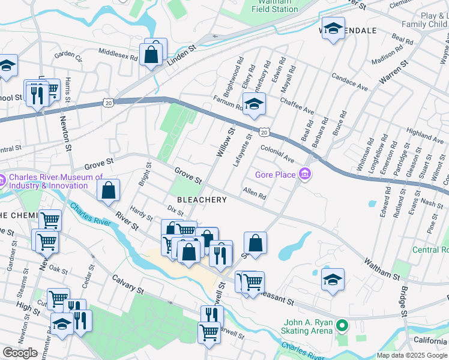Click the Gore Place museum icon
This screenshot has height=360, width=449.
[306, 175]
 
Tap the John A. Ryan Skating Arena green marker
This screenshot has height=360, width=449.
[342, 327]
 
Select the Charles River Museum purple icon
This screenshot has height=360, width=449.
[2, 178]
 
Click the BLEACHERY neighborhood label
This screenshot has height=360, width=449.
[201, 200]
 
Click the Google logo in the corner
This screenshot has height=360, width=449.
[20, 352]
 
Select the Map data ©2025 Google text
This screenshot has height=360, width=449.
[412, 355]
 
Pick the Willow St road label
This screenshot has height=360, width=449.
[224, 142]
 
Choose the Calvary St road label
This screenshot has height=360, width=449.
[128, 284]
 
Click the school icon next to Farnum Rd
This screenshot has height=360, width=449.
[254, 103]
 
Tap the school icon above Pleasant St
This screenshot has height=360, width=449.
[333, 280]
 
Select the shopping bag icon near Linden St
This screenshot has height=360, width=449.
[152, 54]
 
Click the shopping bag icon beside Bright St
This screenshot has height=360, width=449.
[108, 191]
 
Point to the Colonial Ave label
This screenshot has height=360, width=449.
[277, 154]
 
